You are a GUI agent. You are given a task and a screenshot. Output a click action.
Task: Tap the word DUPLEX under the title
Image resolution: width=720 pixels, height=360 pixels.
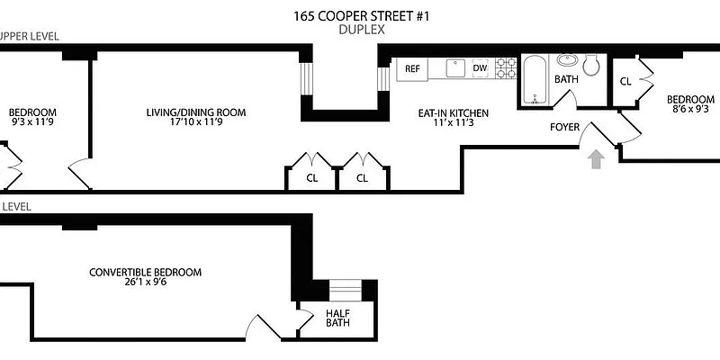click(362, 30)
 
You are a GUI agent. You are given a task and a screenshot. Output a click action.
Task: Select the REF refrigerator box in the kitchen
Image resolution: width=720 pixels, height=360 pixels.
click(413, 68)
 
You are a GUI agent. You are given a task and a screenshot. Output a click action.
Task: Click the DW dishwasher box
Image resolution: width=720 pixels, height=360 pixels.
click(480, 68)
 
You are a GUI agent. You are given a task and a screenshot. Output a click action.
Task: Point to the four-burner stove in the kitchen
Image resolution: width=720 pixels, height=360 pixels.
click(506, 68)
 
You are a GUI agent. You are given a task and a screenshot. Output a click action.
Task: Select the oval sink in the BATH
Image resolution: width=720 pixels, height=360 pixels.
click(567, 61)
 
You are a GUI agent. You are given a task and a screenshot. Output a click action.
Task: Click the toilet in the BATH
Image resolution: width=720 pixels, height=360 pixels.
click(591, 65)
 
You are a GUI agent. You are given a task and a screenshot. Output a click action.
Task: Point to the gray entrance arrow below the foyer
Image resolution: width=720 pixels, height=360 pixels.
click(594, 160)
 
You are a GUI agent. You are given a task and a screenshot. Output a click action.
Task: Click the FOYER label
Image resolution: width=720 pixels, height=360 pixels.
click(565, 127)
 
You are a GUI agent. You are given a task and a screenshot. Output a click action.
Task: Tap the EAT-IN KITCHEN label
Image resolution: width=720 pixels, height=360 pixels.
click(453, 113)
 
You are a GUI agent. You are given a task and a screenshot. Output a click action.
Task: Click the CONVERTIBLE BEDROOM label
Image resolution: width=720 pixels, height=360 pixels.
click(145, 273)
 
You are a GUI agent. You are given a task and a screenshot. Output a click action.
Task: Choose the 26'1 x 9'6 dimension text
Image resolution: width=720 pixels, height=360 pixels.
click(145, 285)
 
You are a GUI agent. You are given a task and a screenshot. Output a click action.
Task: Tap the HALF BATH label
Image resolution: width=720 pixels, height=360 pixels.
click(337, 319)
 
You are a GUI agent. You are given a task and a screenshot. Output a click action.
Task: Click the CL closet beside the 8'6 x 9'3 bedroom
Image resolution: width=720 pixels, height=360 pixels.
click(625, 81)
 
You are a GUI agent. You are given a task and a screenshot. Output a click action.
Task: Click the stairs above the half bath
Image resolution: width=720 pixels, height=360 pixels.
click(344, 289)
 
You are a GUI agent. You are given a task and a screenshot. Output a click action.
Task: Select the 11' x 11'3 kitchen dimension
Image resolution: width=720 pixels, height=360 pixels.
click(453, 126)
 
